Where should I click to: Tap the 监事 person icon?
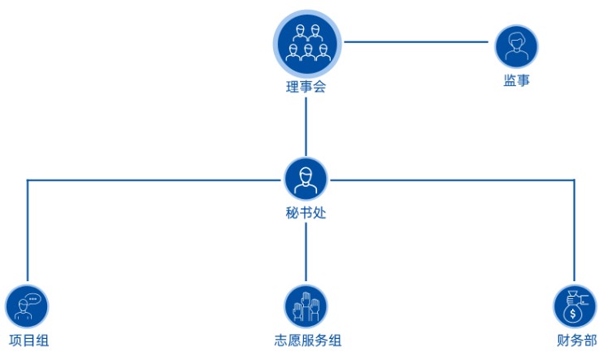(x=516, y=46)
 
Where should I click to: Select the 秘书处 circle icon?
(x=306, y=179)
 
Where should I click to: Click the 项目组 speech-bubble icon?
(x=27, y=306)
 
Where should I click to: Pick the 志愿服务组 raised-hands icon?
(x=306, y=306)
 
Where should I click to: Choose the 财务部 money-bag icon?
(x=574, y=306)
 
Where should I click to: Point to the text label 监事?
(x=517, y=81)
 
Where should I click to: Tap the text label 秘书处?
(x=306, y=215)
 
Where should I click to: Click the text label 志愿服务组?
(x=307, y=340)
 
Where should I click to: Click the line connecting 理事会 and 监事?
(x=418, y=42)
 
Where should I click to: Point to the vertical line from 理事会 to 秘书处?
(x=306, y=126)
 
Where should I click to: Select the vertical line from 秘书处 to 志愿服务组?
(x=306, y=252)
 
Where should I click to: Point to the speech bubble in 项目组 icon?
(x=33, y=298)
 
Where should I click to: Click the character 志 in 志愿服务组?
(x=280, y=340)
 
